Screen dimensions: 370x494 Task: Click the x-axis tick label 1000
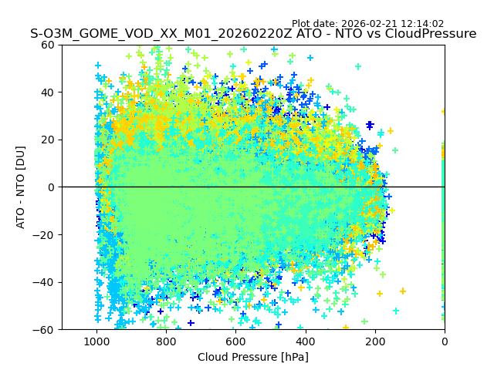click(x=96, y=341)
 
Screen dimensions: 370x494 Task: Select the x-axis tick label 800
click(x=166, y=341)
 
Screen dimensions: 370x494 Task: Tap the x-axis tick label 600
click(x=235, y=341)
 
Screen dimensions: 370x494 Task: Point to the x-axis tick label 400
click(x=305, y=341)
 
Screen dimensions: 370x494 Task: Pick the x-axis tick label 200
click(x=374, y=341)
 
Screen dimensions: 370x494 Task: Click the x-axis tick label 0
click(x=444, y=341)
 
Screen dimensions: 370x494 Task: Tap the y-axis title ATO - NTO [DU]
click(x=21, y=187)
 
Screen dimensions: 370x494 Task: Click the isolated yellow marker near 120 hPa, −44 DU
click(x=402, y=291)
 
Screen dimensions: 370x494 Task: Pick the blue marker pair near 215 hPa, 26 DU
click(x=370, y=125)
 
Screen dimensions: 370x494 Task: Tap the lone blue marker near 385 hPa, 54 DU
click(x=310, y=58)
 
